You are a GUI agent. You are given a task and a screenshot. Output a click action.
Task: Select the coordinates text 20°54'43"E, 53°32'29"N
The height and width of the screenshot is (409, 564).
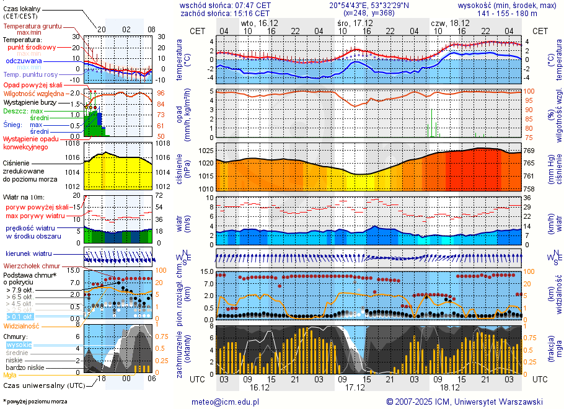point(369,4)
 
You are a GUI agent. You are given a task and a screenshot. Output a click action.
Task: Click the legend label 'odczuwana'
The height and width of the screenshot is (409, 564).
point(24,61)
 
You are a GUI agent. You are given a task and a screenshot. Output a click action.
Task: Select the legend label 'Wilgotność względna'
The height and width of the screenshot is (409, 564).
point(38,93)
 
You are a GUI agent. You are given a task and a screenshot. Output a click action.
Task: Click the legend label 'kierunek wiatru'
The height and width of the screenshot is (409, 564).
point(29,254)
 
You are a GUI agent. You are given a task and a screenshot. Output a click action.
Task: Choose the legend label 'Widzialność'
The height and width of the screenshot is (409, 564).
point(21,325)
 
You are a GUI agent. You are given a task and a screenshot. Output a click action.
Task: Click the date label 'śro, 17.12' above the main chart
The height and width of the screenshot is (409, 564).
point(351,22)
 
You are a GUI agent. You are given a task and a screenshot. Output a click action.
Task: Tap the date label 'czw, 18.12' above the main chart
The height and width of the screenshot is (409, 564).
point(450,22)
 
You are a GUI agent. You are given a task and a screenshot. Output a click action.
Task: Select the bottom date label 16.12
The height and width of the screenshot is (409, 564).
point(259,387)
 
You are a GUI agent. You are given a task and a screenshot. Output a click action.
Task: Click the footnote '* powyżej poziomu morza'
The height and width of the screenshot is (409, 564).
point(34,402)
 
